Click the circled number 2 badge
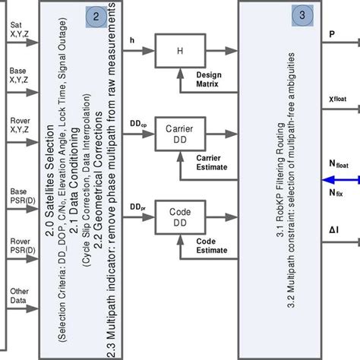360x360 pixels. pyautogui.click(x=96, y=16)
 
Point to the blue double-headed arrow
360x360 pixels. pyautogui.click(x=341, y=180)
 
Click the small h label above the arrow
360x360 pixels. pyautogui.click(x=133, y=41)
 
